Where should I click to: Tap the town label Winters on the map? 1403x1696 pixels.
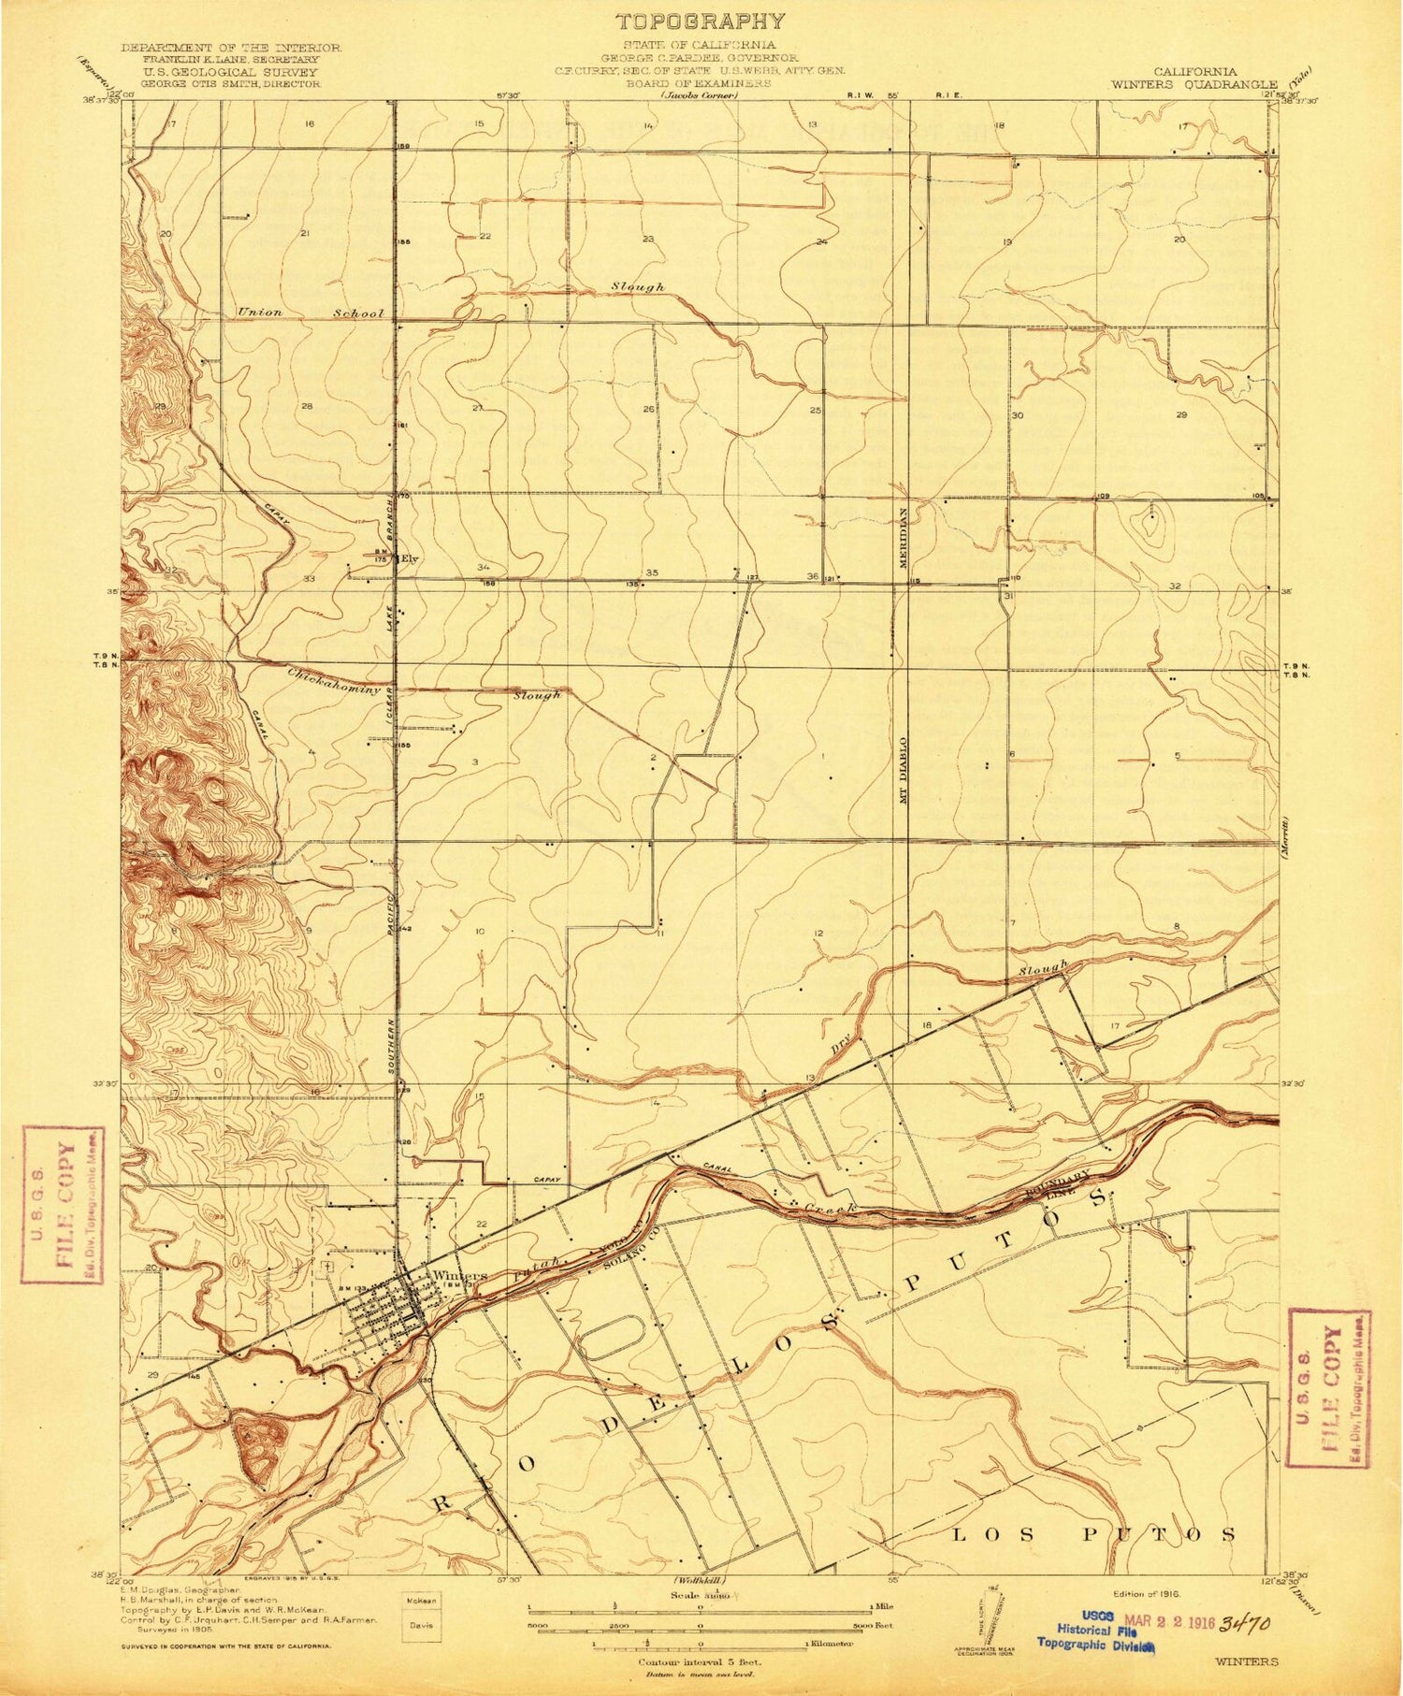point(460,1276)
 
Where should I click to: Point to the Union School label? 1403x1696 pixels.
point(311,312)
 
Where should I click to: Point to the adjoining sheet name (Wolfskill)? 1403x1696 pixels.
point(701,1581)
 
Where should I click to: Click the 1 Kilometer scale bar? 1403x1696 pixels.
point(701,1642)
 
